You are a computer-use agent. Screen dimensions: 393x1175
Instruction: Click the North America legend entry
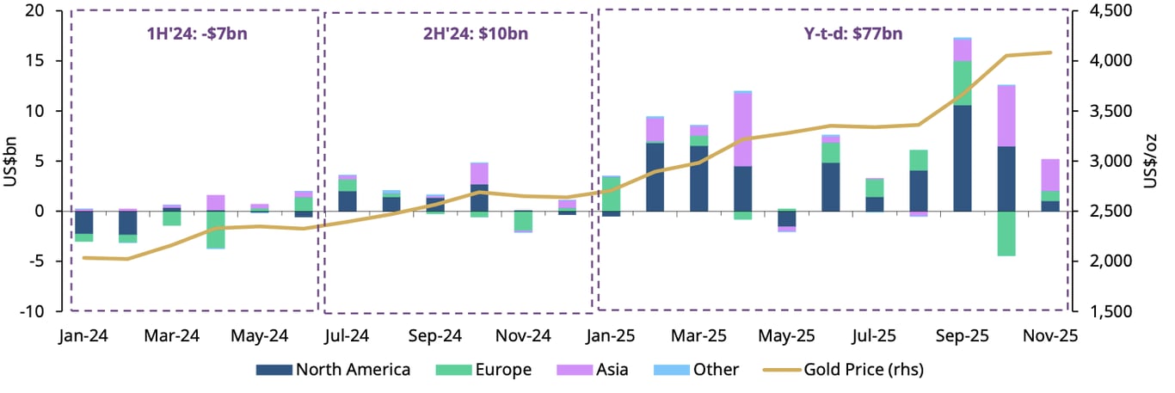click(x=333, y=370)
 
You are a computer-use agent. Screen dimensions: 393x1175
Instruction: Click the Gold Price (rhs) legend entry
click(x=844, y=370)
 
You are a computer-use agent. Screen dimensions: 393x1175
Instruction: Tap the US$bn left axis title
click(x=11, y=161)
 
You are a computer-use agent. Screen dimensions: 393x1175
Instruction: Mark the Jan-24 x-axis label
click(x=84, y=335)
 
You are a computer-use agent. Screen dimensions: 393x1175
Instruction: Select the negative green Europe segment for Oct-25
click(x=1006, y=233)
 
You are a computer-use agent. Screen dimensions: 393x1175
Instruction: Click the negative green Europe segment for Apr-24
click(x=216, y=230)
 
